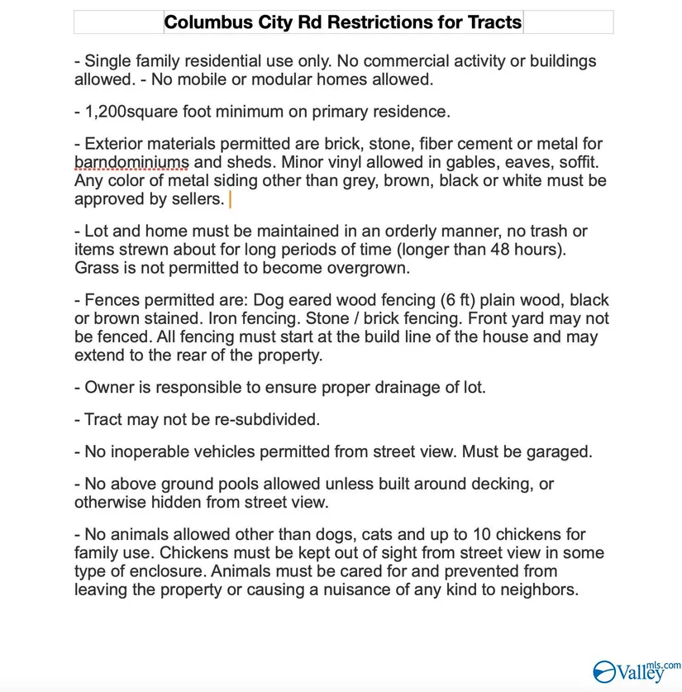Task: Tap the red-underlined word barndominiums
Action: pos(131,161)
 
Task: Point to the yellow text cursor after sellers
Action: pos(230,199)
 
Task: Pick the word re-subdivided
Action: pos(268,419)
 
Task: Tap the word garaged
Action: pos(564,451)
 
